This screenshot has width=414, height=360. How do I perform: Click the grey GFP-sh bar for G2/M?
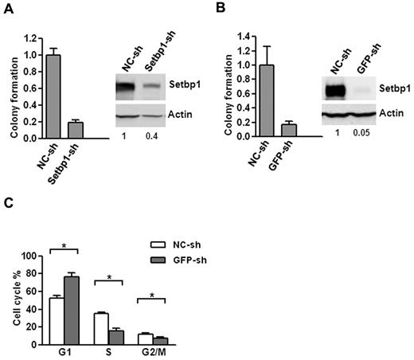tap(159, 341)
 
